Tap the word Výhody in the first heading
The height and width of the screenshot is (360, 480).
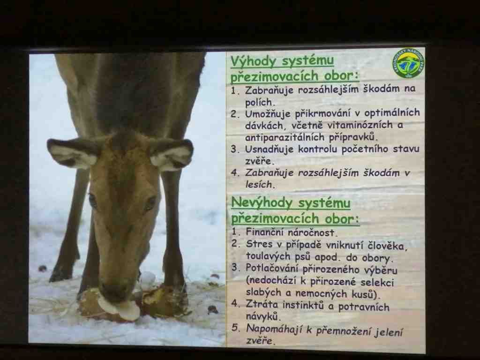coord(253,61)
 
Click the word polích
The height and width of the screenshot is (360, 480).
coord(258,102)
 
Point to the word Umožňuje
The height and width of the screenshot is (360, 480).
coord(267,114)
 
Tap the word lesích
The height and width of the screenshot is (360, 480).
coord(258,185)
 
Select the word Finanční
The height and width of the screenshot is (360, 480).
coord(265,232)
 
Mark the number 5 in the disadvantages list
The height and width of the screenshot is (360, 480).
coord(235,328)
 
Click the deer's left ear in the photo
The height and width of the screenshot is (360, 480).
coord(73,152)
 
